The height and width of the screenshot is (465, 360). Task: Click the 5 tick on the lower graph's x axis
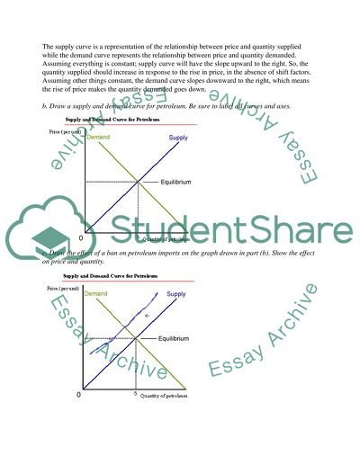(135, 394)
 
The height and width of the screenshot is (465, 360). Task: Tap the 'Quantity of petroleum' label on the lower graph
(169, 395)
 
